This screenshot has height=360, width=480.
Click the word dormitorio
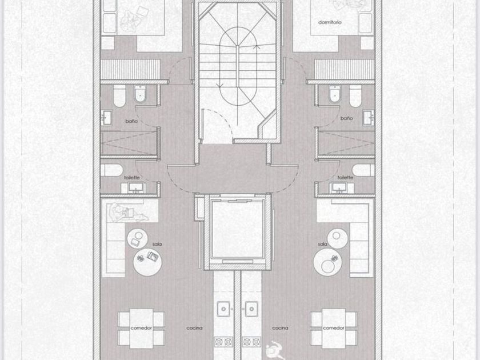(330, 22)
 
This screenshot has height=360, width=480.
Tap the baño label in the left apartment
(131, 121)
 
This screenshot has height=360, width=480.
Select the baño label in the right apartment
(346, 118)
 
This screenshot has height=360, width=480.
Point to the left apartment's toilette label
(132, 178)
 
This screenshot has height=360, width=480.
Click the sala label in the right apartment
(323, 245)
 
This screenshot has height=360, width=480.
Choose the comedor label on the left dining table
(141, 328)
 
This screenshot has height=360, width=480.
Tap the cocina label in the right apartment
(280, 328)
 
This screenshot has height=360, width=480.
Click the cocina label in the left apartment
(194, 328)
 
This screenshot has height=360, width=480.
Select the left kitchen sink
(223, 309)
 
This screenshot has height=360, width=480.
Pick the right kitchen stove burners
(251, 342)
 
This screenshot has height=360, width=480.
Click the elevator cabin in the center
(238, 230)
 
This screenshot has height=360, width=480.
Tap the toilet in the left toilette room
(112, 170)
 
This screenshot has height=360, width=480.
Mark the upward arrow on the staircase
(257, 47)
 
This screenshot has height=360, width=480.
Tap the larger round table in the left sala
(147, 262)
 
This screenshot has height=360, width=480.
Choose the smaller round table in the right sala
(337, 238)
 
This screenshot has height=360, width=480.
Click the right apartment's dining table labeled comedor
(334, 329)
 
